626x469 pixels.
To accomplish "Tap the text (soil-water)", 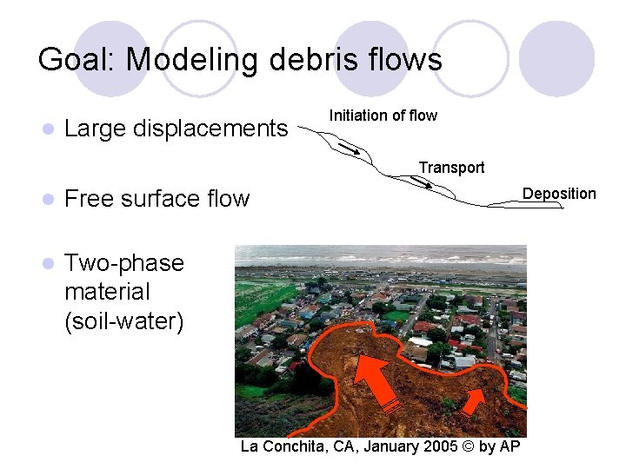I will click(124, 321).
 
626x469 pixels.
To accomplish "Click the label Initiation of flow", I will click(383, 116).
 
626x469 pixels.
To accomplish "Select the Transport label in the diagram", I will click(451, 167).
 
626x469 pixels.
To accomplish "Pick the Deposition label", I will click(559, 193).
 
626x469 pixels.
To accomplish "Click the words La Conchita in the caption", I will click(280, 446).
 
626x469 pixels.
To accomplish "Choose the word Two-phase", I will click(124, 263).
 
